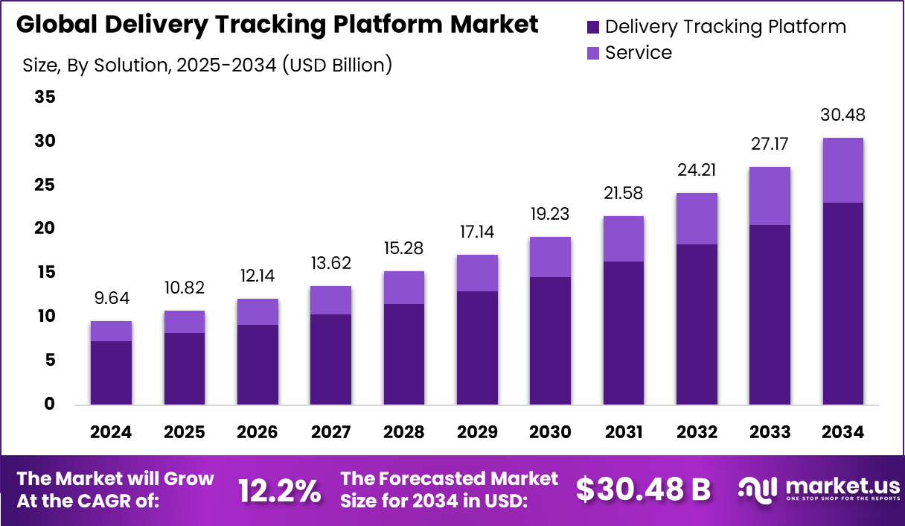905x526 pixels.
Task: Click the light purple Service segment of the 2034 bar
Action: click(x=842, y=170)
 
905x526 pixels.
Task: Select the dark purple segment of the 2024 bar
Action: click(x=111, y=373)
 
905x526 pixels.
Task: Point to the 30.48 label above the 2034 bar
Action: click(x=842, y=116)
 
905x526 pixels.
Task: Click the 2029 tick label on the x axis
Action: click(x=476, y=432)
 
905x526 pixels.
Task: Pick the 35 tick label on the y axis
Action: click(x=45, y=98)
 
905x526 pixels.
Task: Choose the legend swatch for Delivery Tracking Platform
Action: click(x=593, y=28)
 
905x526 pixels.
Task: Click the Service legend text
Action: click(x=638, y=53)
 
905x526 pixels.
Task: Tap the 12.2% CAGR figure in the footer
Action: click(x=279, y=489)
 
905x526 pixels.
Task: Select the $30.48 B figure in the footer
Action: click(x=643, y=489)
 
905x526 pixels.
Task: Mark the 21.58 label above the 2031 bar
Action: click(x=623, y=194)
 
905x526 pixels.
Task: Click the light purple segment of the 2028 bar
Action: click(x=403, y=288)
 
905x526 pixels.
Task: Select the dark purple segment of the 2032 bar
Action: click(x=696, y=324)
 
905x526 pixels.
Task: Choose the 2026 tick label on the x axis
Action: click(x=257, y=432)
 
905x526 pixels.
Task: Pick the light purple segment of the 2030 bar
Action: click(x=550, y=257)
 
